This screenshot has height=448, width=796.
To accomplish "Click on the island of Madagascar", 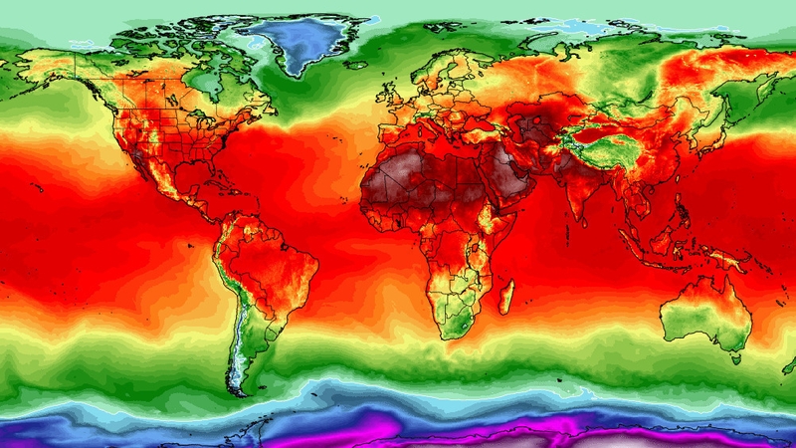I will tap(506, 296).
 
